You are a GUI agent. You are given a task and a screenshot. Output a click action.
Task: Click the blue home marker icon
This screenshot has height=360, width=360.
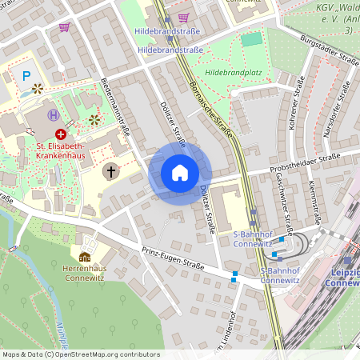[x=179, y=173]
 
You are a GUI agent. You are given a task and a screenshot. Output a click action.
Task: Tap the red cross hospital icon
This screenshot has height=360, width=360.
[x=61, y=135]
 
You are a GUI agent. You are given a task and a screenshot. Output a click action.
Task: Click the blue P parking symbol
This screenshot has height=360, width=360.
[x=26, y=76]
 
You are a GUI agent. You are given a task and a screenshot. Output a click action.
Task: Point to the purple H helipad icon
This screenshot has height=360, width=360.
[x=53, y=115]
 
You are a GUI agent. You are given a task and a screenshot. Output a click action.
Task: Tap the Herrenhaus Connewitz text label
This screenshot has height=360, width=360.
[x=85, y=273]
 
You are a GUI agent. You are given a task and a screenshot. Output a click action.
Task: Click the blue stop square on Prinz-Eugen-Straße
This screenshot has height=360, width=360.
[x=234, y=278]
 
